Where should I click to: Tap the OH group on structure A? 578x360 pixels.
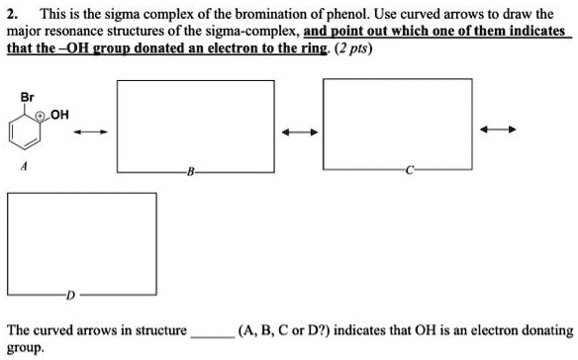(x=59, y=114)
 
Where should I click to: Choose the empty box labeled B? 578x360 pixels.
(x=196, y=127)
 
